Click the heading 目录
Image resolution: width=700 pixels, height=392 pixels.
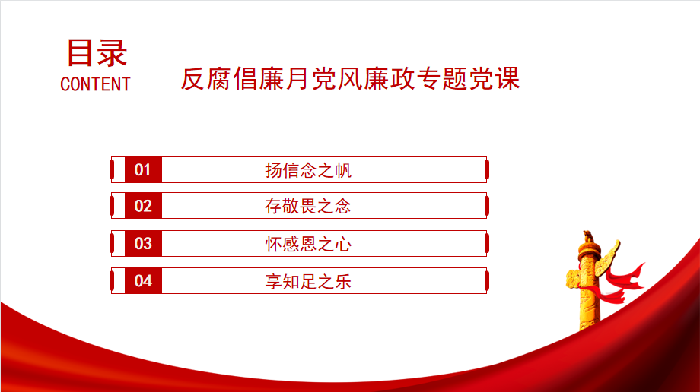click(x=97, y=52)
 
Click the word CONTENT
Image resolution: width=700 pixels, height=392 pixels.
click(x=95, y=84)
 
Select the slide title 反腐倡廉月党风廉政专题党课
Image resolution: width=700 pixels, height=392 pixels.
click(x=350, y=78)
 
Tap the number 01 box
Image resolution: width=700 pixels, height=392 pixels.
click(x=143, y=170)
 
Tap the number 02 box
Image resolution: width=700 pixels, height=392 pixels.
click(x=143, y=206)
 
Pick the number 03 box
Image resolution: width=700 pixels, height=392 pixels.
click(x=143, y=244)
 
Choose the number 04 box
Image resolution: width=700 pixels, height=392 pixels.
click(x=143, y=281)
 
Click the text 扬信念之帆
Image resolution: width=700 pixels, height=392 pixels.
click(x=308, y=170)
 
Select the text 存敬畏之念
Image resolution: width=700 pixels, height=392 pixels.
click(x=308, y=206)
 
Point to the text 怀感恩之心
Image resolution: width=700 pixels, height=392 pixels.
click(x=308, y=244)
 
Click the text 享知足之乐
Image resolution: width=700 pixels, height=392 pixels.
click(x=308, y=281)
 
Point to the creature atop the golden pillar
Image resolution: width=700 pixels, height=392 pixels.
click(x=588, y=236)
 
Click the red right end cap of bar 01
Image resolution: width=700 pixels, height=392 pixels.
click(x=487, y=170)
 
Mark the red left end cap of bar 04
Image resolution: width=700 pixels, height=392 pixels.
click(x=112, y=281)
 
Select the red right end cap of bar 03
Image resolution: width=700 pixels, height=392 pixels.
click(x=487, y=244)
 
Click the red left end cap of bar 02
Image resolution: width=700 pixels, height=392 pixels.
click(x=112, y=206)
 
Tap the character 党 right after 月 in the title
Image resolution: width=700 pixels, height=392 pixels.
click(x=324, y=78)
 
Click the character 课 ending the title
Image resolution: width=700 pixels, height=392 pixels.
click(x=508, y=78)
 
